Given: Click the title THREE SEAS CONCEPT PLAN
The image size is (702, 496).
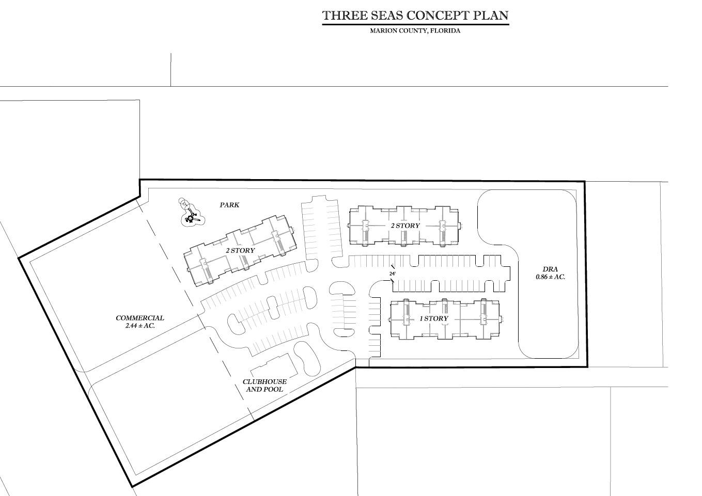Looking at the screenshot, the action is pos(415,15).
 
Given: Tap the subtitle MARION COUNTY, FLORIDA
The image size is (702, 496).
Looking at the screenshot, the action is pos(415,31).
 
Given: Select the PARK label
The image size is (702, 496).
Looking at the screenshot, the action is pos(229,205).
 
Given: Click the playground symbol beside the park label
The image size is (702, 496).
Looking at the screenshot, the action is pos(192,212).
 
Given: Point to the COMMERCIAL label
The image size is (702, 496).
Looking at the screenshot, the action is pos(140,318).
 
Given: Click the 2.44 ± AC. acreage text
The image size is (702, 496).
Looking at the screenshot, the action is pos(140,326).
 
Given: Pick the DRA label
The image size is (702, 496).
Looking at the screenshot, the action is pos(550,269).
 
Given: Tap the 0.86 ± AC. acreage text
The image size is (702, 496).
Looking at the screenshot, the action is pos(550,277).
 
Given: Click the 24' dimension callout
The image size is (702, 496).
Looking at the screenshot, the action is pos(393,274).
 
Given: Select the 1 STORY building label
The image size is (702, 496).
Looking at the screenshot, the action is pos(434,318).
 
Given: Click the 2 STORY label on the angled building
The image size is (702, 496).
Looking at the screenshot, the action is pos(240,250).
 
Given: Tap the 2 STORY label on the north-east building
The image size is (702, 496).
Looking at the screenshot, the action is pos(405,226).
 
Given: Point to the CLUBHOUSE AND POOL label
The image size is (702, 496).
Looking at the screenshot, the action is pos(265,386).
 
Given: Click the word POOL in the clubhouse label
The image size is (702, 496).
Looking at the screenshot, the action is pos(274,389).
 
